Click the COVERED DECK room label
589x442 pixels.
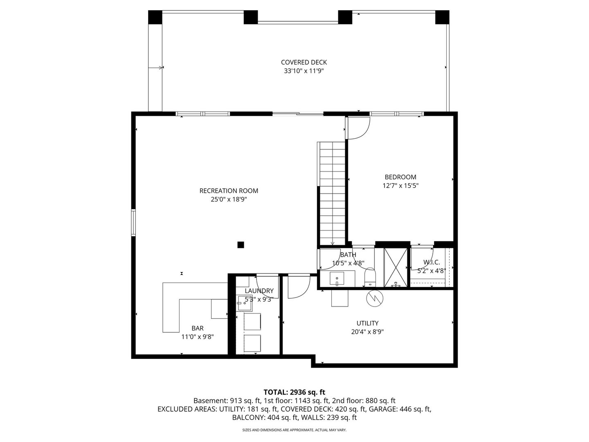(x=304, y=62)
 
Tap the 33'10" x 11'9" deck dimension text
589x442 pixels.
(x=304, y=71)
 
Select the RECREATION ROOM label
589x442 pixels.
(x=229, y=191)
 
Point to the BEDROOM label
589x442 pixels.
(x=400, y=177)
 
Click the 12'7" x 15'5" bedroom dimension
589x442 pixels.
(x=400, y=186)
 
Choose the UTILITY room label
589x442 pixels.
(x=367, y=323)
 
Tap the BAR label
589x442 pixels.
(x=198, y=328)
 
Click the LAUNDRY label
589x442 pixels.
(x=259, y=291)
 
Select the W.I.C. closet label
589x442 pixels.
(x=432, y=262)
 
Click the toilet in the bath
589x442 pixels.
(x=370, y=277)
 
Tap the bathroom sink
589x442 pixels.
(x=337, y=279)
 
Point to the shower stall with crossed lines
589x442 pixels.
(x=396, y=267)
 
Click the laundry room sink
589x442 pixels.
(x=245, y=303)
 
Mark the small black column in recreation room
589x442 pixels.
(x=241, y=245)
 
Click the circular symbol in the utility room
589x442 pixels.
(x=375, y=298)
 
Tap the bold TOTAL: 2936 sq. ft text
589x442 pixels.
(x=294, y=392)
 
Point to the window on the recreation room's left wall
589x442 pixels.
(x=133, y=223)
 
